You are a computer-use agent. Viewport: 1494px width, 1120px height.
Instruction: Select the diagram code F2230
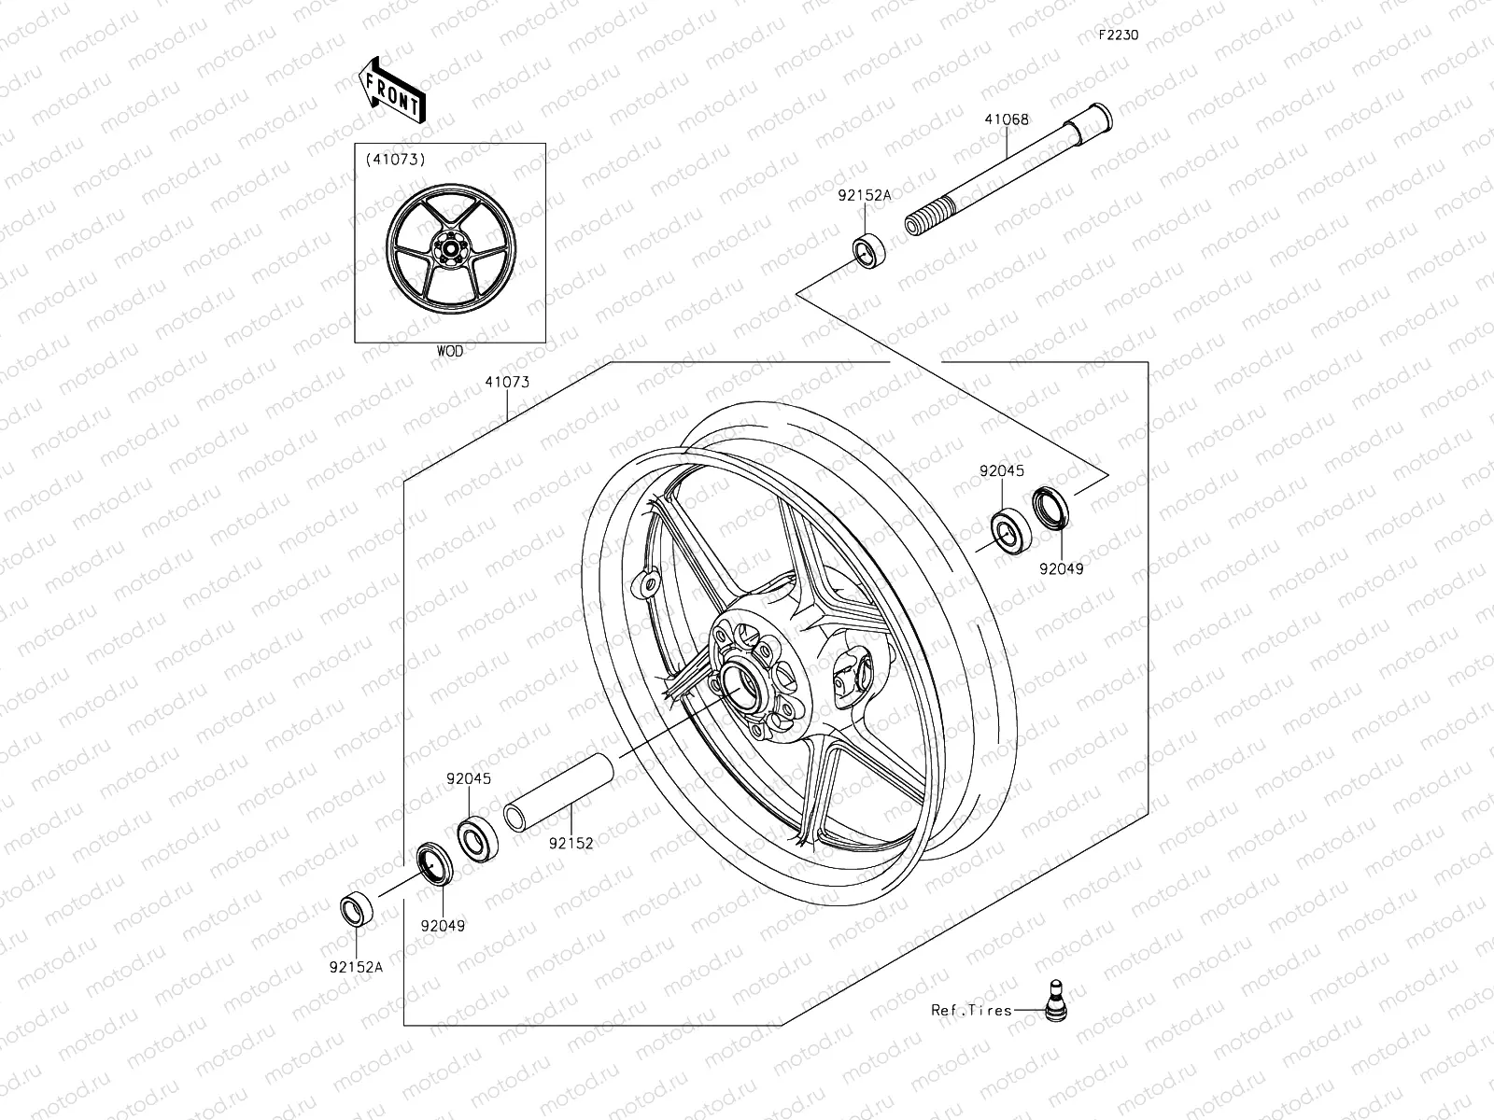click(1118, 35)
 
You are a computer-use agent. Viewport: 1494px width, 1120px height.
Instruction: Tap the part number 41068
click(1007, 119)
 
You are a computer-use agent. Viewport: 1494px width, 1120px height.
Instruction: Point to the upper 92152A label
click(864, 196)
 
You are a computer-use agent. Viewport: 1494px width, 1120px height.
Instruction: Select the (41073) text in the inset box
click(421, 160)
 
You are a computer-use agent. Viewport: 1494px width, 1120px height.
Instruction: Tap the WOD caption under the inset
click(449, 352)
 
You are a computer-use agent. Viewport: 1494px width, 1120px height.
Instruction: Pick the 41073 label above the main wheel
click(507, 382)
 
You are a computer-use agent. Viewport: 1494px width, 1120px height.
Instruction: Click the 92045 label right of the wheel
click(1002, 472)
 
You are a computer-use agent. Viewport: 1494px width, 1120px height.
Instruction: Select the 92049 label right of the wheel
click(1061, 568)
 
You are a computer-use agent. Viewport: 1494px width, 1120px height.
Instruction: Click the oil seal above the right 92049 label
click(1053, 509)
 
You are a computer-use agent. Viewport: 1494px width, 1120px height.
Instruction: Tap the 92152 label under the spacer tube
click(571, 843)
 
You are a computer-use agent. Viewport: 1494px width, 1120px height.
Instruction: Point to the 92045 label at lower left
click(468, 778)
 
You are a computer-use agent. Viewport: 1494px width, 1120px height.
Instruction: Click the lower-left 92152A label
click(356, 967)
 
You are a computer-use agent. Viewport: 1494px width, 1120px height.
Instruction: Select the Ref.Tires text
click(971, 1010)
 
